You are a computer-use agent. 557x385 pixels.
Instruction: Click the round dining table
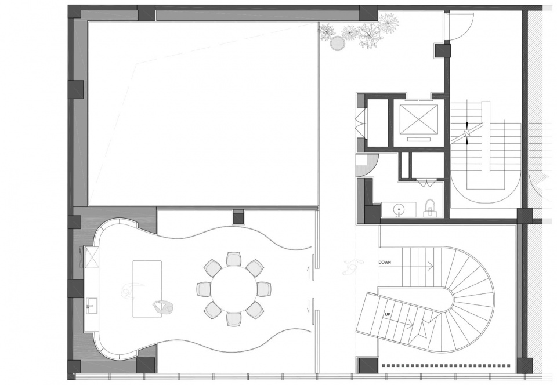(234, 289)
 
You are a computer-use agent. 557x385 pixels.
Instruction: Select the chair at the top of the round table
(234, 259)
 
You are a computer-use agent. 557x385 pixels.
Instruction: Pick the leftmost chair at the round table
(204, 289)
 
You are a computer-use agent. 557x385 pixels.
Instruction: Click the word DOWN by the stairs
(385, 263)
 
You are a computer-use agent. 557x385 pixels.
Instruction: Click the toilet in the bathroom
(430, 208)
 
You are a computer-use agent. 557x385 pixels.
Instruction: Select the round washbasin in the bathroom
(400, 209)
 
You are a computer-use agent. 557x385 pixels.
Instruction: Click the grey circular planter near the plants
(337, 43)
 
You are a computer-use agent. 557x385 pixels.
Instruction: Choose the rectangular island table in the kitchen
(147, 289)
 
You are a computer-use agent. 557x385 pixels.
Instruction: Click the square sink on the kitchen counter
(91, 305)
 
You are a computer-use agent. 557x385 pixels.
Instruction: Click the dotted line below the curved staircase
(446, 365)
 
